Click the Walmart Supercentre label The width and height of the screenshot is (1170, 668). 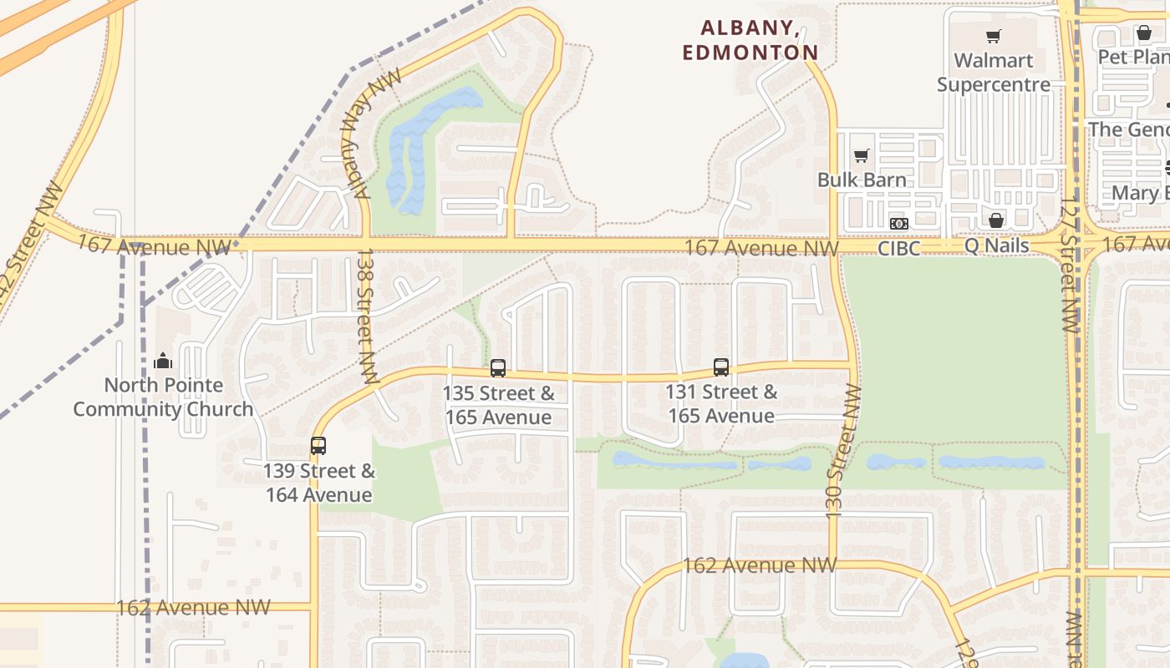coord(994,73)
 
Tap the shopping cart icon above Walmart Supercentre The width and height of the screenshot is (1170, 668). coord(994,36)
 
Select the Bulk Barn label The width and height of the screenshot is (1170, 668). coord(862,180)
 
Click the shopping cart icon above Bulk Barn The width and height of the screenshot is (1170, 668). coord(862,155)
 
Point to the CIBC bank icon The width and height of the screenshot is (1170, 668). coord(898,224)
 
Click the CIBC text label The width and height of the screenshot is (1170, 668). coord(898,248)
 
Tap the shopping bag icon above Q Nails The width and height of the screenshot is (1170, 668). coord(996,220)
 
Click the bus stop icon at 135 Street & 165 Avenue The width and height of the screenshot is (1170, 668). coord(498,367)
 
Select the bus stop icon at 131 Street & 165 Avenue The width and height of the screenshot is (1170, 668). coord(721,367)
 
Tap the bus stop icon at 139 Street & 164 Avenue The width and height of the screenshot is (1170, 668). coord(318,446)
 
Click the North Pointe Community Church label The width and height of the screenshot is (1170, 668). coord(163,397)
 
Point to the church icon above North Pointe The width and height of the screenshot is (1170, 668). coord(163,361)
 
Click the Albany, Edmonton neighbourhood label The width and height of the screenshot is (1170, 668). coord(750,40)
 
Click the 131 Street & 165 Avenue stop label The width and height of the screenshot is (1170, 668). coord(721,404)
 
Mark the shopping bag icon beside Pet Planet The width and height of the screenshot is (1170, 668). coord(1144,33)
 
